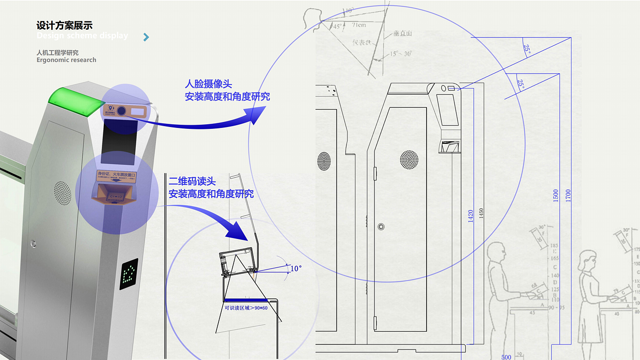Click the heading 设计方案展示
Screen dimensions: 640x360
coord(64,25)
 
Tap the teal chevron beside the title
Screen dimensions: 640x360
coord(146,37)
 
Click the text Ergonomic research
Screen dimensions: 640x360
coord(66,60)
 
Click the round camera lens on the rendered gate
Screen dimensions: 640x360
coord(122,110)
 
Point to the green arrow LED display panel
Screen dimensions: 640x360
coord(129,274)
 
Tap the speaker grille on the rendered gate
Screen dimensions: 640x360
coord(63,193)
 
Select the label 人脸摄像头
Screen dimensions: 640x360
coord(208,84)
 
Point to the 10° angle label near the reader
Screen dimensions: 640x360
coord(296,268)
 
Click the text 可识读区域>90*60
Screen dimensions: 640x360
coord(246,308)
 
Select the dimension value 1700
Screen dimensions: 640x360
coord(568,196)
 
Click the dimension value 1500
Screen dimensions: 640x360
coord(555,196)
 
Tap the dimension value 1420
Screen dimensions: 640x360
coord(471,216)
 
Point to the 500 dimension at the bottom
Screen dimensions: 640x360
coord(506,357)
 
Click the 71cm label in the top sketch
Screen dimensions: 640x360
coord(359,25)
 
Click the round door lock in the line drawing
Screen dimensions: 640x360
coord(381,227)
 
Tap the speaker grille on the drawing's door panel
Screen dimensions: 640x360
coord(409,160)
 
